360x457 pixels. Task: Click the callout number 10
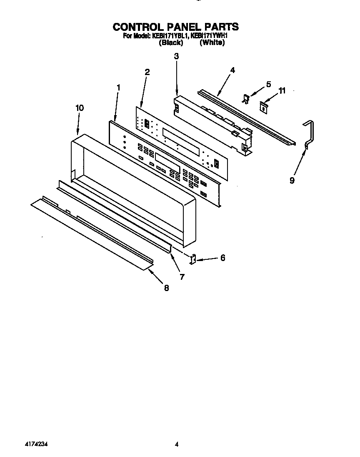[79, 108]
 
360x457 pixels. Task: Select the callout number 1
[118, 88]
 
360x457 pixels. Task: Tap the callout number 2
[147, 72]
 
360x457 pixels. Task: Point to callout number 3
[176, 56]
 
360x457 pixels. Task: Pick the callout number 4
[232, 70]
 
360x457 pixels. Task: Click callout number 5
[268, 84]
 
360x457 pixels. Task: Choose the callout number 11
[282, 90]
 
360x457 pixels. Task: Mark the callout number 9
[292, 180]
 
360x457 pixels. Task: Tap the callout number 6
[222, 258]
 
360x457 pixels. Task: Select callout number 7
[182, 276]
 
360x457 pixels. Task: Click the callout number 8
[166, 287]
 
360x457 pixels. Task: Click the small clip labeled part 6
[193, 259]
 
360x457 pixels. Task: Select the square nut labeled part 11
[263, 107]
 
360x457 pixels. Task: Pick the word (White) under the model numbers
[212, 43]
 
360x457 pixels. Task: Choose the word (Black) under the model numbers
[171, 43]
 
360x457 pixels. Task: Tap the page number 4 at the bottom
[177, 445]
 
